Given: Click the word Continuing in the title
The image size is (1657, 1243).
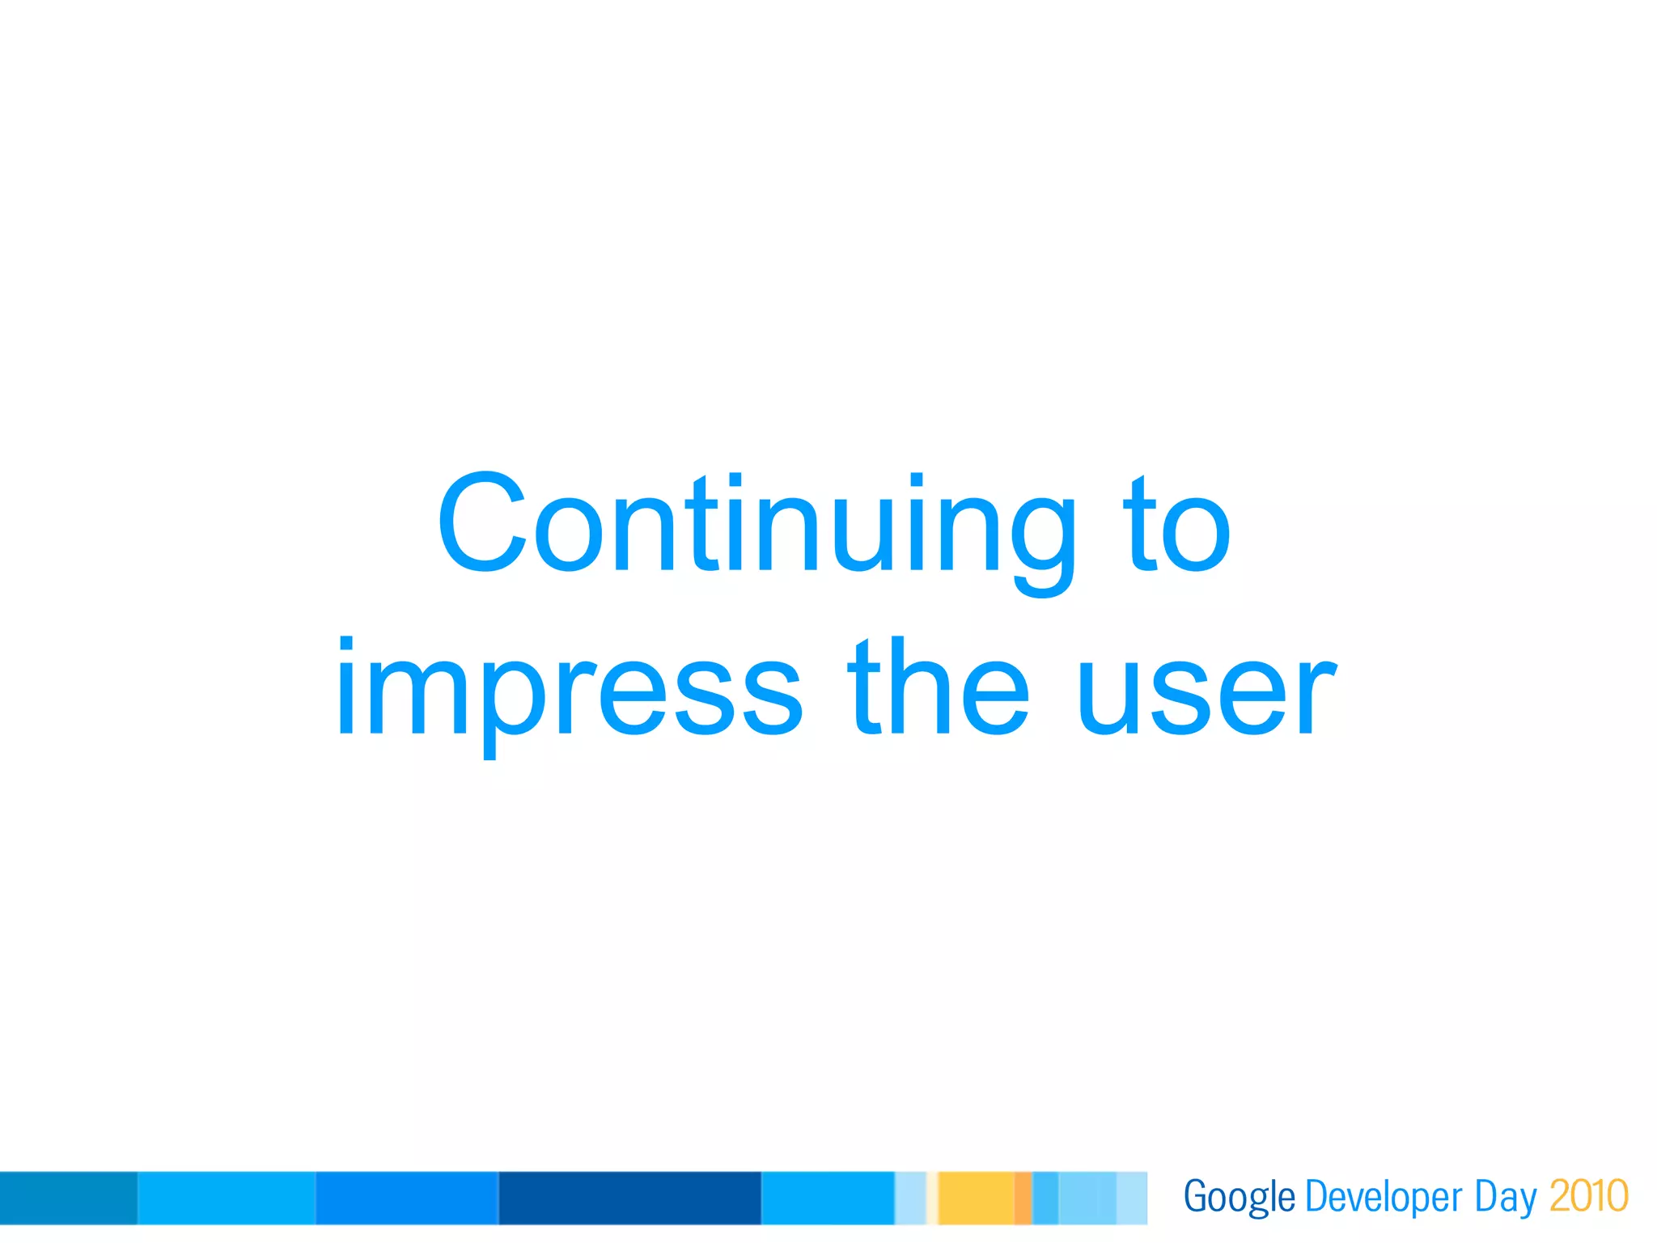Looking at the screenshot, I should point(757,524).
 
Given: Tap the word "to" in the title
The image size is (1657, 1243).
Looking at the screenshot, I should point(1177,524).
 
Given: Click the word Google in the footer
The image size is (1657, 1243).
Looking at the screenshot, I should point(1239,1198).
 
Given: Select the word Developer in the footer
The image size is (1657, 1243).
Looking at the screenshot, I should point(1384,1198).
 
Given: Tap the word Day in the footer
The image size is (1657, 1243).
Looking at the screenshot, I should point(1505,1198).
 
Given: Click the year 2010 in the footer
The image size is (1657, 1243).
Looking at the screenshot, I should point(1588,1196).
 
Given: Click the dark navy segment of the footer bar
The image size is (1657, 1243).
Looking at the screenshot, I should point(629,1198).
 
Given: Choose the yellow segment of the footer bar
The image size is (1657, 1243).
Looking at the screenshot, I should point(976,1198).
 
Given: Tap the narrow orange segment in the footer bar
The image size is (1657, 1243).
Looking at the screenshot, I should point(1023,1198).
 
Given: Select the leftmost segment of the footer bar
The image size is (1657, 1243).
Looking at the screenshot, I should point(69,1198).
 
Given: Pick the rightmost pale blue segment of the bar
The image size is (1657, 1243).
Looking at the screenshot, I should point(1131,1198).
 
